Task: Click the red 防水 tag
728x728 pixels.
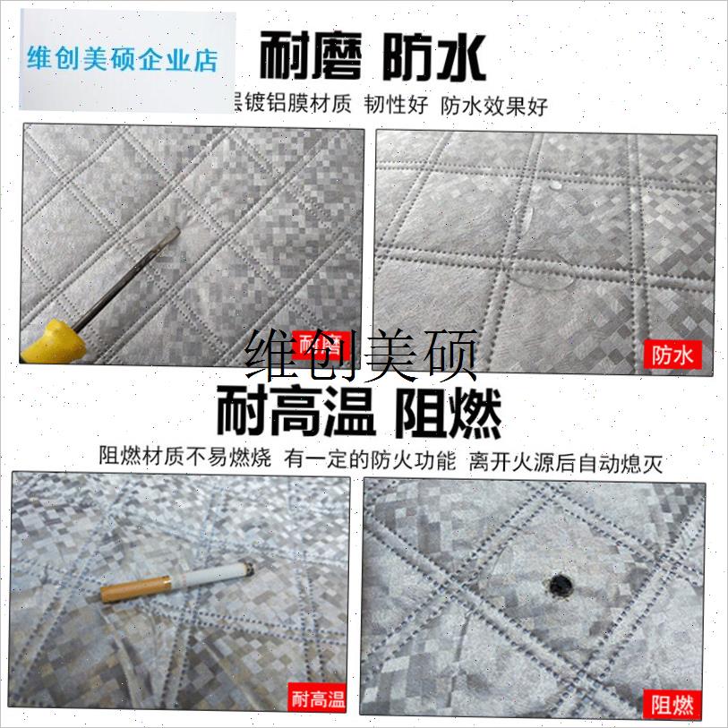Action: tap(674, 355)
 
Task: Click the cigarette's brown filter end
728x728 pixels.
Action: tap(135, 589)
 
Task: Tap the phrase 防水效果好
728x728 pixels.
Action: tap(493, 106)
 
